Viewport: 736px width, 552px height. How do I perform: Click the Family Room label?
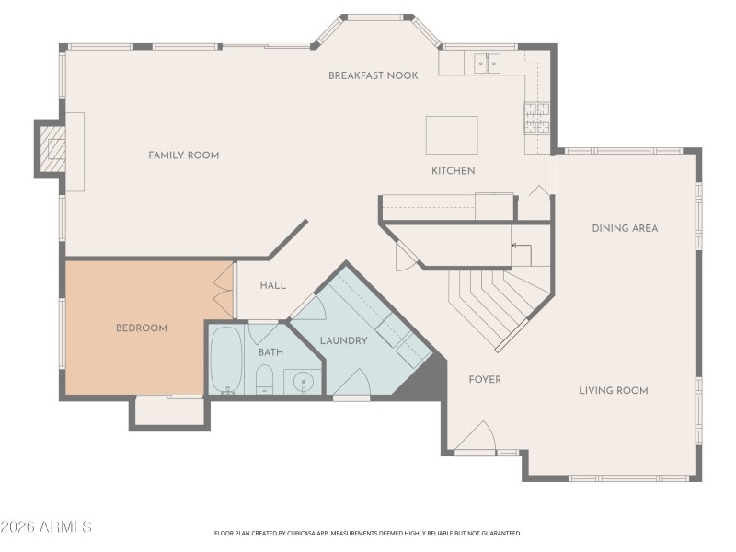point(184,155)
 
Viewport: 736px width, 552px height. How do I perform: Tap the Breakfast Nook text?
point(374,75)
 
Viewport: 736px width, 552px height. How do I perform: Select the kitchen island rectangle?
point(452,135)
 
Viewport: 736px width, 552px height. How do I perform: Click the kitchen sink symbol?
point(487,63)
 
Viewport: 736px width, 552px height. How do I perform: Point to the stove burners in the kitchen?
point(535,118)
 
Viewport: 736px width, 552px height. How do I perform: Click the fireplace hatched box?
point(56,148)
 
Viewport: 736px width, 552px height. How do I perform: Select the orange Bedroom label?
point(141,328)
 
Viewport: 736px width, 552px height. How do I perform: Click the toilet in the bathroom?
point(264,378)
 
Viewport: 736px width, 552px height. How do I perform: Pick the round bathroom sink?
point(300,381)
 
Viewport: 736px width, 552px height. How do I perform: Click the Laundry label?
point(344,340)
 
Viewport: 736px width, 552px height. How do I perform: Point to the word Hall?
point(272,286)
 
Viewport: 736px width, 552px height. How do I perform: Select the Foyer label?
point(485,379)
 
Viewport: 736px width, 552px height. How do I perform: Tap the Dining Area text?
point(625,228)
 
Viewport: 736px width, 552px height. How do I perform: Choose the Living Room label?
point(614,390)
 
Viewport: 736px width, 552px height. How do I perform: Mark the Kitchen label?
point(454,171)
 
